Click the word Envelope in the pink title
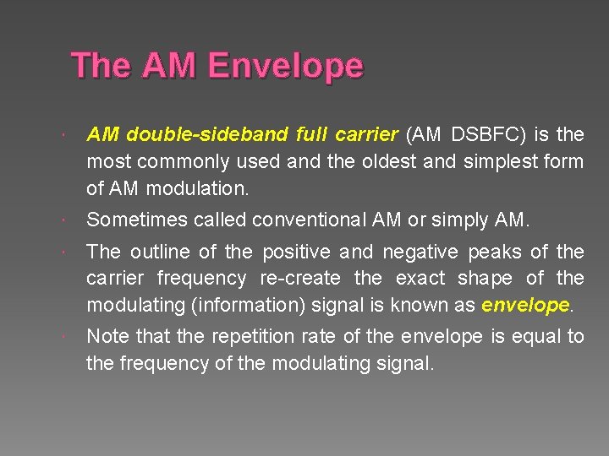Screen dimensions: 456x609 click(285, 67)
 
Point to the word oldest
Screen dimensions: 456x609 click(390, 161)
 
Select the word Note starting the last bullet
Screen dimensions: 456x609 click(108, 337)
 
